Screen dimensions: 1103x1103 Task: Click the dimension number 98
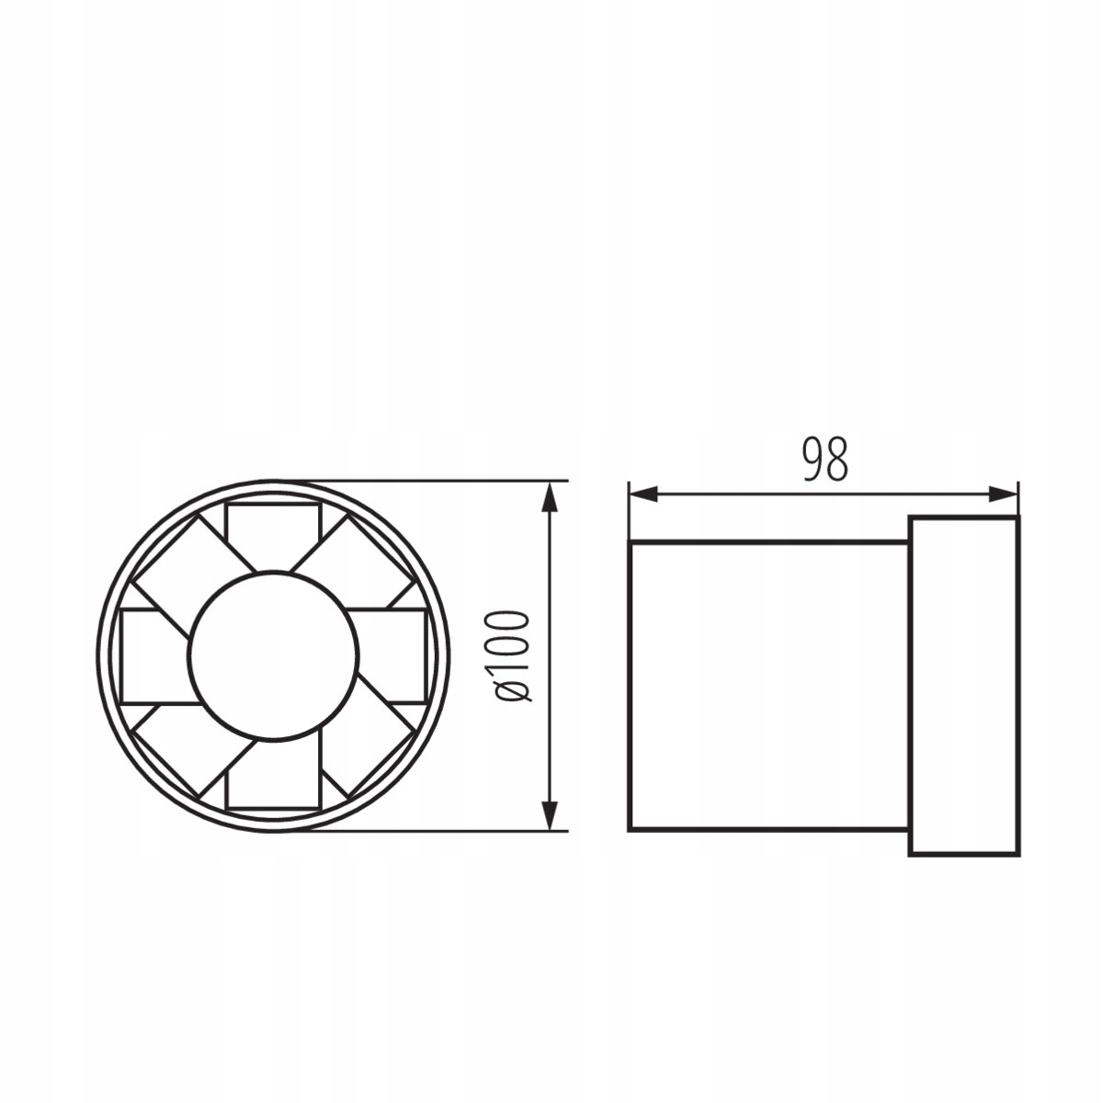[824, 460]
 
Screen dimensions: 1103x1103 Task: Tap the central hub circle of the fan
[274, 656]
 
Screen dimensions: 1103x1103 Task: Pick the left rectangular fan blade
[154, 656]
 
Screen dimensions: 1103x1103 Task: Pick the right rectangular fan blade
[392, 656]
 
